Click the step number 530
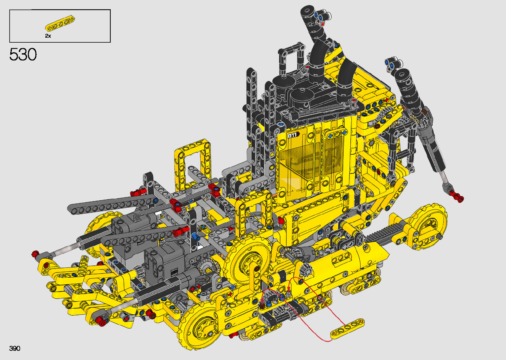pos(23,54)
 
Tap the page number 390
pos(15,348)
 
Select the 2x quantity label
pos(48,36)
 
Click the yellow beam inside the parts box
pos(60,23)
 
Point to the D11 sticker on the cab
pos(293,135)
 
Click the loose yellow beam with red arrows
pos(347,328)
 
